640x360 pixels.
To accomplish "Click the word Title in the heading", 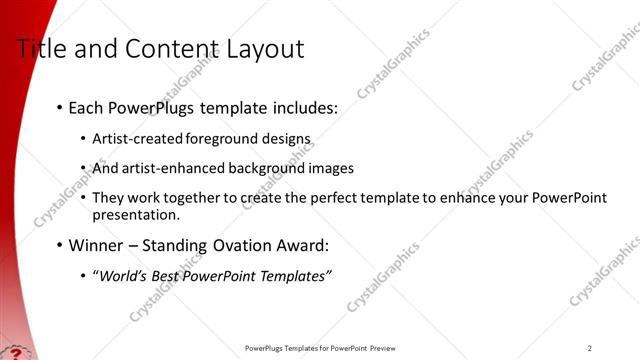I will click(42, 49).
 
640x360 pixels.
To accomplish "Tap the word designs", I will click(288, 138).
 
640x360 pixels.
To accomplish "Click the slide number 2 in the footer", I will click(590, 348).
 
